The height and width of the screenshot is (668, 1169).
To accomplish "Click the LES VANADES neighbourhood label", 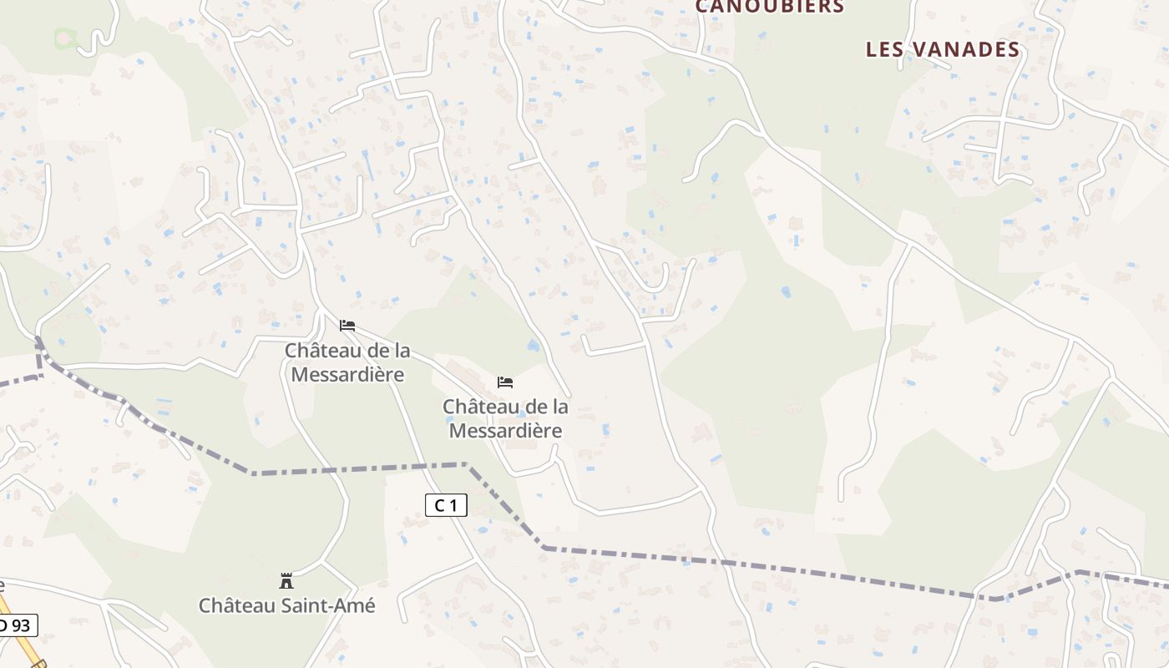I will coord(943,49).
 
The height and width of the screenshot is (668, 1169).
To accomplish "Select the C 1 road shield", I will coord(446,504).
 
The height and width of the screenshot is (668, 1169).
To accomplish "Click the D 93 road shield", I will coord(17,625).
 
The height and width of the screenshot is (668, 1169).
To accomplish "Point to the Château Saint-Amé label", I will coord(286,605).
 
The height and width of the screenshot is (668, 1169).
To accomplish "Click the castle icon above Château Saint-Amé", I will coord(286,580).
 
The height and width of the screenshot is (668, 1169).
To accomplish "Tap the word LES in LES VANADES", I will coord(885,49).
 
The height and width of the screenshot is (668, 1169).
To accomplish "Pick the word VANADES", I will coord(965,49).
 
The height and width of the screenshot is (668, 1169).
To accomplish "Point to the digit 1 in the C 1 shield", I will coord(453,504).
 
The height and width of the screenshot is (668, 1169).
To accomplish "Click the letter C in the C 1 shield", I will coord(439,504).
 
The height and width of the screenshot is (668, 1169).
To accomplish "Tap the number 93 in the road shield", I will coord(22,625).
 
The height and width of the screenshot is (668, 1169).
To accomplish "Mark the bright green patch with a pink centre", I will coord(64,38).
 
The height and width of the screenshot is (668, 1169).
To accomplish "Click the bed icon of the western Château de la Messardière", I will coord(347,325).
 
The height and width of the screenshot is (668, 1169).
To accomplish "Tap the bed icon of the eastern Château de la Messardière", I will coord(505,382).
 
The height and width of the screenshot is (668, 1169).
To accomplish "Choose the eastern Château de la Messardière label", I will coord(505,418).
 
